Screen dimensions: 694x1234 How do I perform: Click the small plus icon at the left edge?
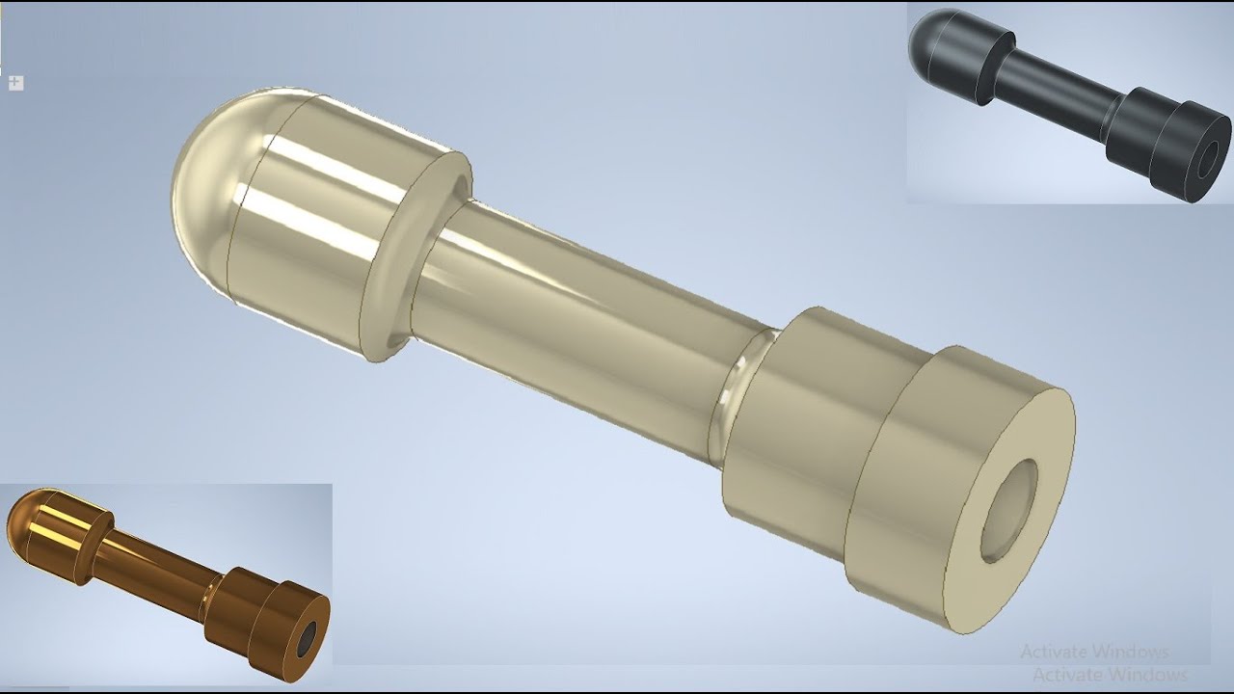point(15,83)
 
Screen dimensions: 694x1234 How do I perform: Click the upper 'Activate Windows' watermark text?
point(1094,653)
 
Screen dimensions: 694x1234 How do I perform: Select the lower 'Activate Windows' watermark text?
point(1109,674)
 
